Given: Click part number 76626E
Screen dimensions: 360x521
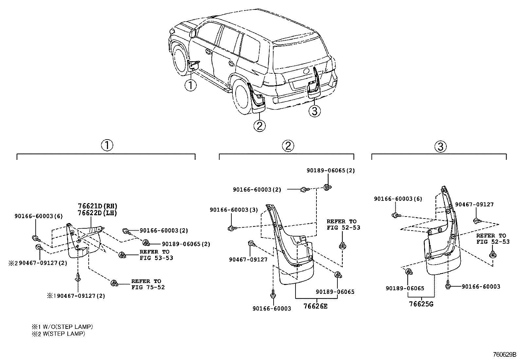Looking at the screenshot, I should [x=315, y=307].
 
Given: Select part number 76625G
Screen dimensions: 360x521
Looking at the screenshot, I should [x=421, y=304].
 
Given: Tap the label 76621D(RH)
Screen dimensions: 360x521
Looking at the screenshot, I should [x=97, y=206].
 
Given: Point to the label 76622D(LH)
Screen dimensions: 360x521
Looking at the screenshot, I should [x=97, y=213].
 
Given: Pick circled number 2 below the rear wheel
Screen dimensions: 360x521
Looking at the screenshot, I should [x=259, y=126].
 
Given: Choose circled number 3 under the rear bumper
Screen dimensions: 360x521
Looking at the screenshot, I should [x=314, y=111].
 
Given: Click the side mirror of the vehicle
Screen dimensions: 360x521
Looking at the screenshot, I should [x=193, y=33].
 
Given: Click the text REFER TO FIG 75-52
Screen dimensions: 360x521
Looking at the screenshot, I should [x=147, y=284].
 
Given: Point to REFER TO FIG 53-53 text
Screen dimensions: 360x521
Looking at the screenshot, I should [x=155, y=255].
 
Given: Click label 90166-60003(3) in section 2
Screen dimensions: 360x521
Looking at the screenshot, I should [x=234, y=210].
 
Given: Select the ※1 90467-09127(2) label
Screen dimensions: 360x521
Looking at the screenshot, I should [x=76, y=296].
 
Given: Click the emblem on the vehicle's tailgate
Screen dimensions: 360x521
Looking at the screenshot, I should [x=307, y=71].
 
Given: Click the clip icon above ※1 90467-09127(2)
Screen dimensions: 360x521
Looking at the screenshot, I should [x=78, y=277].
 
